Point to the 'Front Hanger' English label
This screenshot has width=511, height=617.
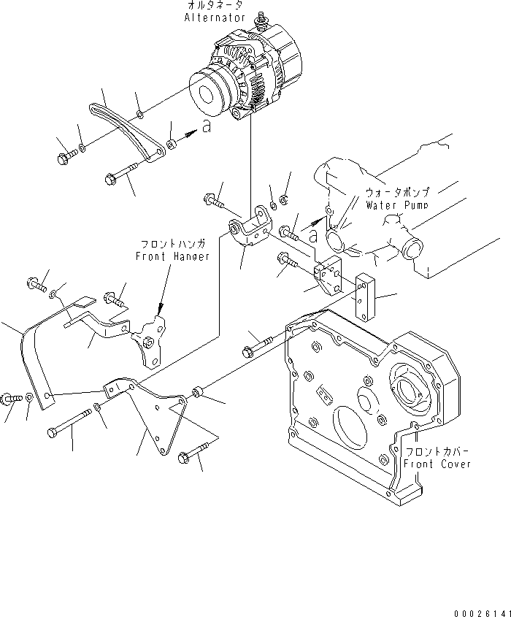(172, 256)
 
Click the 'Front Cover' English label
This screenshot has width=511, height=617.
(437, 464)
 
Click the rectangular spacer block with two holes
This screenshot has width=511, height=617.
(366, 296)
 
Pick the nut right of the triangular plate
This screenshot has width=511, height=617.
(196, 394)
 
